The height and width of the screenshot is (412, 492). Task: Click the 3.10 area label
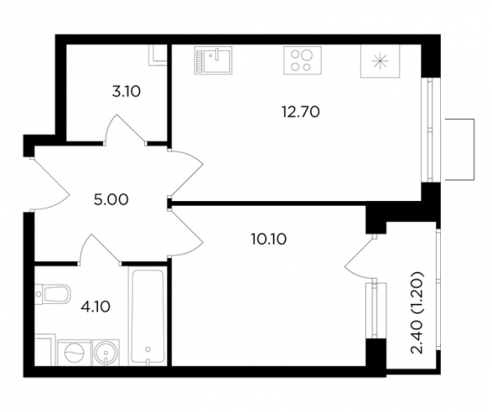pos(126,92)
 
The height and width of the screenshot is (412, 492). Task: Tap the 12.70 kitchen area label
pos(301,112)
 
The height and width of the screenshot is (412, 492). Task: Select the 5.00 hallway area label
pos(111,199)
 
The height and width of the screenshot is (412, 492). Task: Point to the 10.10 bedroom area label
pos(269,240)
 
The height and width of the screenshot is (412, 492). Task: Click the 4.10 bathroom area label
pos(96,307)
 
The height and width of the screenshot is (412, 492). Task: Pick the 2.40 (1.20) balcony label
pos(418,313)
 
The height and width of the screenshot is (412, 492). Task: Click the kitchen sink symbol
pos(213,60)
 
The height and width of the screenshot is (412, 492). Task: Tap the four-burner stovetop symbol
pos(302,60)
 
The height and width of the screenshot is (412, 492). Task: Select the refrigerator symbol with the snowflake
pos(380,61)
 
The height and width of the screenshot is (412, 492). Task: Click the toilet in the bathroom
pos(53,294)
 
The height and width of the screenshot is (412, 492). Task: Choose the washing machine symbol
pos(74,353)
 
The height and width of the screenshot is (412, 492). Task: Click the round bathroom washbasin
pos(106,353)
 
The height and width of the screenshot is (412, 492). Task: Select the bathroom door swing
pos(100,249)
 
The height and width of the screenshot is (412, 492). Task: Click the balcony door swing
pos(361,257)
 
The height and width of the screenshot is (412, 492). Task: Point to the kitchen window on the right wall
pos(431,129)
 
